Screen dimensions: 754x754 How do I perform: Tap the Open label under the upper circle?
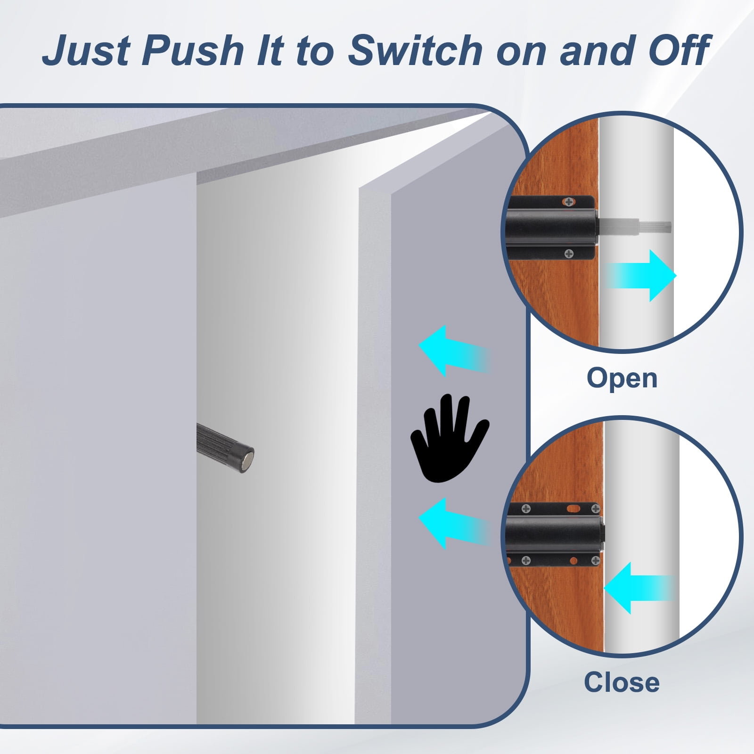point(622,378)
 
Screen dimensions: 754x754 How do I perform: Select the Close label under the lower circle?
point(622,682)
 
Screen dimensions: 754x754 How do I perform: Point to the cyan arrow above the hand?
point(454,351)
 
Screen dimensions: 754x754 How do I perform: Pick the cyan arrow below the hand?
point(454,523)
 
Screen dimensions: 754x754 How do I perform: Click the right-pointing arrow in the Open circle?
point(641,276)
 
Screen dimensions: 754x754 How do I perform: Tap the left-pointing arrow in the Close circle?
point(640,588)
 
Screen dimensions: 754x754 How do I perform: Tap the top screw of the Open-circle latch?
point(570,202)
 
